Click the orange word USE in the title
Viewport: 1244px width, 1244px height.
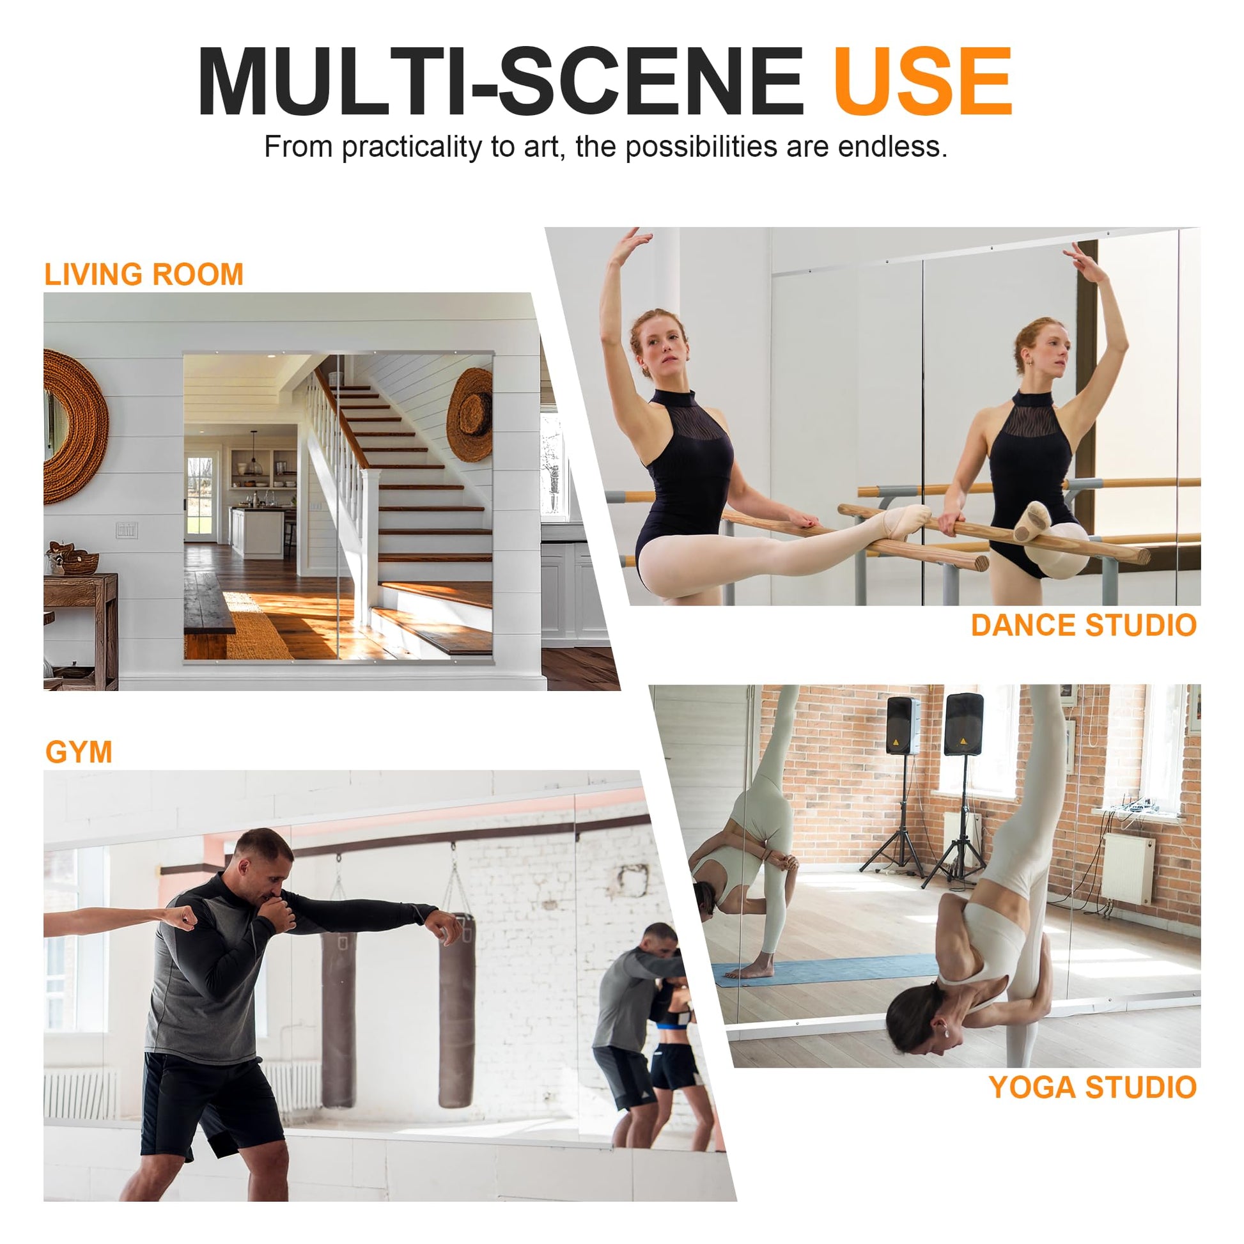coord(922,82)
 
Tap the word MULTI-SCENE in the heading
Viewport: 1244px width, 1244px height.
coord(501,82)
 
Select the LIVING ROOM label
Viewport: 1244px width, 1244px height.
coord(144,274)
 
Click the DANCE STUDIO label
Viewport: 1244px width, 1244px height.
coord(1084,625)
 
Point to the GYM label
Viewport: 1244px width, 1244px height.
coord(79,752)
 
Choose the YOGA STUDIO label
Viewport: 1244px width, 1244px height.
coord(1092,1087)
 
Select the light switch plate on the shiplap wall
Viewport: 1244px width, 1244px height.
coord(127,529)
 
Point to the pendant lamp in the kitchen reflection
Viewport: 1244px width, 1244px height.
coord(254,458)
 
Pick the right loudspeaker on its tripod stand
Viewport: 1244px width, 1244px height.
coord(963,724)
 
